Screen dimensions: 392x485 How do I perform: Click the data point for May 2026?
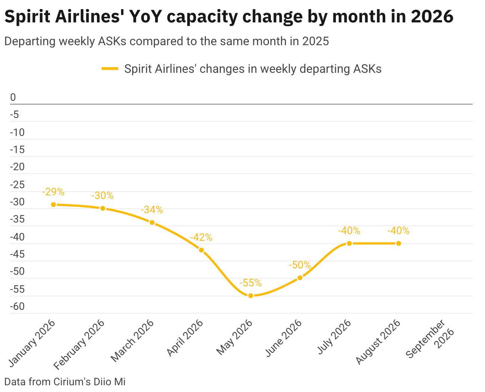pyautogui.click(x=251, y=296)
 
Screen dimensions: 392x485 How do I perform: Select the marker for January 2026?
pyautogui.click(x=53, y=205)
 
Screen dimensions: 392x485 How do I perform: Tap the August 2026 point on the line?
pyautogui.click(x=399, y=243)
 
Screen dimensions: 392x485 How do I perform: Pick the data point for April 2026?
pyautogui.click(x=201, y=250)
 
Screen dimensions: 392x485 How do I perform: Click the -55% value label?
pyautogui.click(x=250, y=283)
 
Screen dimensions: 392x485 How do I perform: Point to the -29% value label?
pyautogui.click(x=53, y=192)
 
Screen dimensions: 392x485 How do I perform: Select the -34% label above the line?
pyautogui.click(x=152, y=210)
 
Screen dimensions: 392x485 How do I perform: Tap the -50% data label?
pyautogui.click(x=300, y=265)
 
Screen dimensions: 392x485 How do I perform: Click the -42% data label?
pyautogui.click(x=201, y=237)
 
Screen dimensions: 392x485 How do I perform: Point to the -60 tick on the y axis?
pyautogui.click(x=17, y=307)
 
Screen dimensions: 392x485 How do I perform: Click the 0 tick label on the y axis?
pyautogui.click(x=13, y=97)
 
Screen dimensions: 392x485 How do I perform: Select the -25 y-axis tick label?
pyautogui.click(x=17, y=184)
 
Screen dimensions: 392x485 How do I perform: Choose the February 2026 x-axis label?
pyautogui.click(x=79, y=344)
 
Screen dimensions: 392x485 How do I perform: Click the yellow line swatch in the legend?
pyautogui.click(x=110, y=69)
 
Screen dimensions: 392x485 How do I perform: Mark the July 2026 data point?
pyautogui.click(x=349, y=243)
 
